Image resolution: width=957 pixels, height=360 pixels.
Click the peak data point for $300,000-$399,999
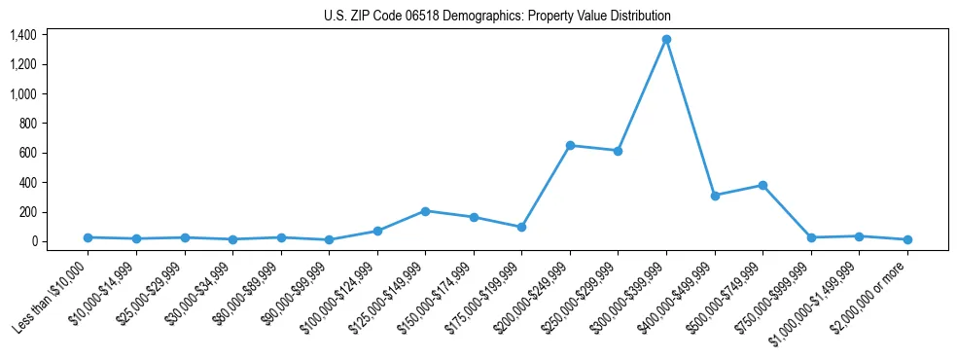(666, 39)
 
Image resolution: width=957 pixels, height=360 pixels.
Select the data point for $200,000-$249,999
(570, 145)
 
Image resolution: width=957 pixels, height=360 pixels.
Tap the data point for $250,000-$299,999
(618, 151)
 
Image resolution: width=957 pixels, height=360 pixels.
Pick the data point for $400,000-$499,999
(715, 196)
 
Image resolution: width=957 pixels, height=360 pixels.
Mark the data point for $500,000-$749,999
(762, 185)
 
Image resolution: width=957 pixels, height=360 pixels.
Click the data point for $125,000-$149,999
(425, 211)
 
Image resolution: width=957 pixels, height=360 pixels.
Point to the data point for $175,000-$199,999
(521, 227)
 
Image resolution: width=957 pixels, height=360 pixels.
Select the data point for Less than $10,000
(88, 237)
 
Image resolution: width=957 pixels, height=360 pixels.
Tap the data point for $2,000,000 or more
(907, 239)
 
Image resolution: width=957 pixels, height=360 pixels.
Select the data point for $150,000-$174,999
(474, 217)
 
